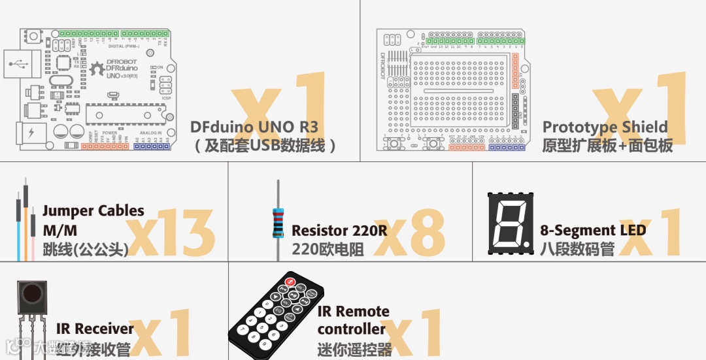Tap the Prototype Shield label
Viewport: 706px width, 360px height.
click(605, 127)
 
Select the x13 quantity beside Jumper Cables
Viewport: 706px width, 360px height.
click(171, 234)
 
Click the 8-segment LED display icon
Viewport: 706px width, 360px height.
click(511, 223)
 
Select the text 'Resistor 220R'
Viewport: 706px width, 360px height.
click(339, 231)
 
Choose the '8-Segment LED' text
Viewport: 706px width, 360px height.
click(592, 230)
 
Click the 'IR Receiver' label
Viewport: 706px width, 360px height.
click(94, 329)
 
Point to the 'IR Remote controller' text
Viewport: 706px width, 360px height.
click(353, 320)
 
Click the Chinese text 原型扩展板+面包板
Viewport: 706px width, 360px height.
click(607, 145)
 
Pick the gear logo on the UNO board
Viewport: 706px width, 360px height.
click(97, 68)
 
